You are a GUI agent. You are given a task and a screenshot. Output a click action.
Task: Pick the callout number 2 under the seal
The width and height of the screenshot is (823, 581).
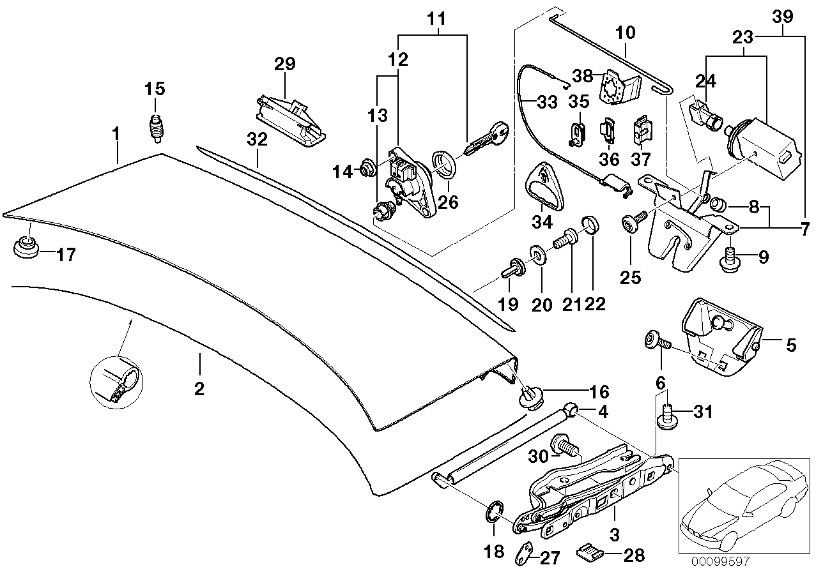[x=199, y=388]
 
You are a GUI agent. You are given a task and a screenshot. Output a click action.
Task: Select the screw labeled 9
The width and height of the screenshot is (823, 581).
[x=728, y=258]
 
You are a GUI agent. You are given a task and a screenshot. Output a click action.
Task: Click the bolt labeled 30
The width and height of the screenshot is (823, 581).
[x=565, y=446]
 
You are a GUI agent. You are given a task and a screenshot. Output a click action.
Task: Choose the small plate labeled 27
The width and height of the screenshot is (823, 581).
[x=525, y=553]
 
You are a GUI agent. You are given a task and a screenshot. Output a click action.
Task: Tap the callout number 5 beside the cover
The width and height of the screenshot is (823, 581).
[x=791, y=346]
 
